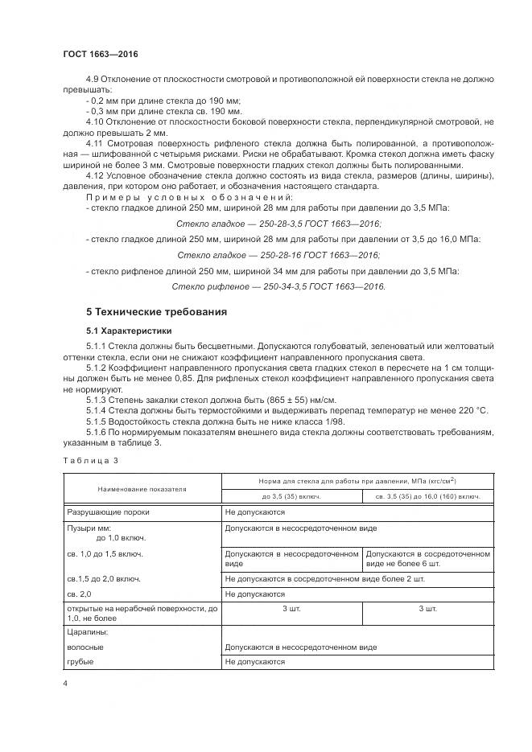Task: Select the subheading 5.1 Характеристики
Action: pos(129,331)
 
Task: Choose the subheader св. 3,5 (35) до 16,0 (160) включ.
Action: pos(428,496)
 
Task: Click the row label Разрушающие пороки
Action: pos(108,511)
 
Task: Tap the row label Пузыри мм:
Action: pos(88,528)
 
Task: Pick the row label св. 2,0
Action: pos(80,594)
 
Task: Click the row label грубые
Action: pos(80,661)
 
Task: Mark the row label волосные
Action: pos(85,647)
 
